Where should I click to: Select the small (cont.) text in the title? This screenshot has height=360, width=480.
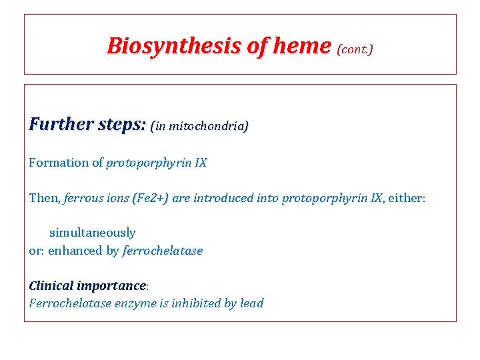pos(355,49)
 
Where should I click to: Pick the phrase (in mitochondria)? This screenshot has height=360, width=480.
pos(199,126)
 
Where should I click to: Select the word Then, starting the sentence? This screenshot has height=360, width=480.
pos(45,198)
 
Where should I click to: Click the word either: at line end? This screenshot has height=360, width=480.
pos(406,198)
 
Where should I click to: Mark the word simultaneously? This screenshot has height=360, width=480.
pos(92,233)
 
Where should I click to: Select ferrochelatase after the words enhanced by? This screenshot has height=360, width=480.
pos(163,251)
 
